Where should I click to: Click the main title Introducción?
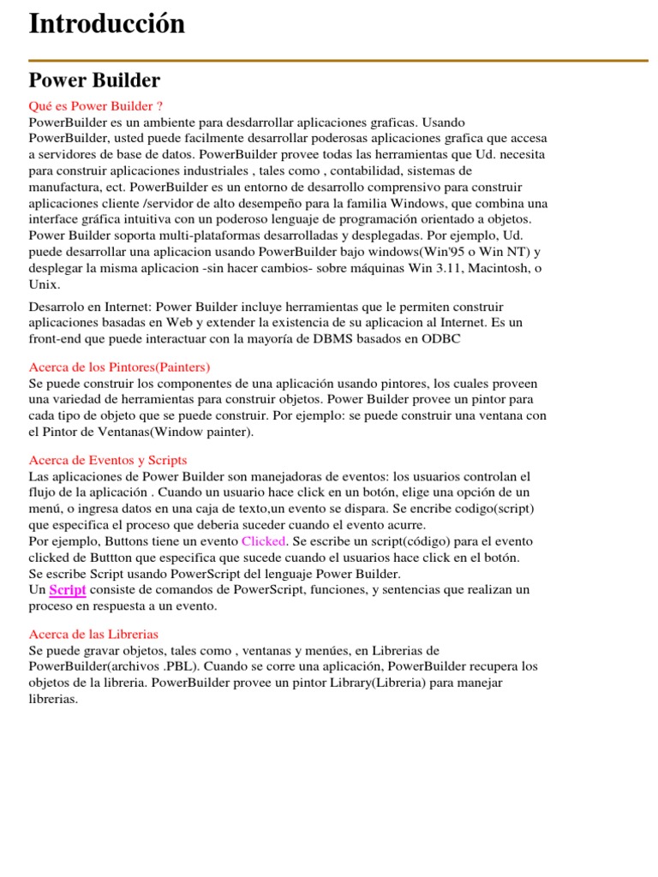coord(107,24)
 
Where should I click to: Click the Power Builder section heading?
coord(94,81)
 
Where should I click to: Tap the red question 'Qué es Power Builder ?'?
coord(96,106)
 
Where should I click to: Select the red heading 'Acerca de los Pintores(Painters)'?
coord(119,367)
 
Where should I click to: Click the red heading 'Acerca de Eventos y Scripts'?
coord(108,460)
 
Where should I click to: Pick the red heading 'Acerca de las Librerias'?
coord(94,634)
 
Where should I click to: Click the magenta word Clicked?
coord(264,541)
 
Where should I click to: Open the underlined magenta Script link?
coord(68,590)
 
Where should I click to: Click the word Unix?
coord(44,284)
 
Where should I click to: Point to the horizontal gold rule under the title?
coord(338,61)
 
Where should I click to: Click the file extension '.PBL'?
coord(181,666)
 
